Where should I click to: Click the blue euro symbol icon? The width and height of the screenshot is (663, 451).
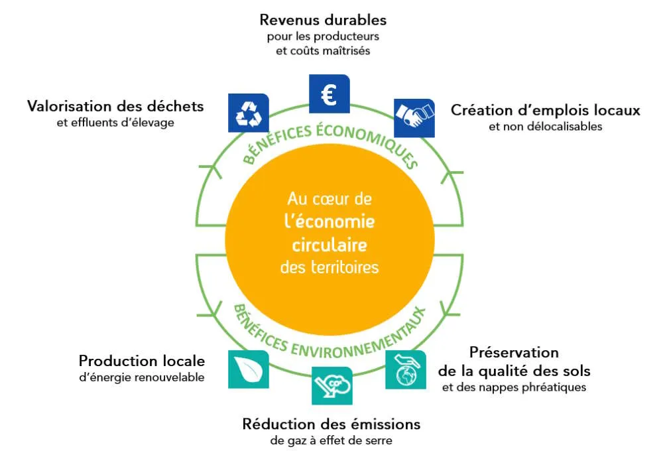click(330, 94)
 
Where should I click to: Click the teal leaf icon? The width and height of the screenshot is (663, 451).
click(249, 368)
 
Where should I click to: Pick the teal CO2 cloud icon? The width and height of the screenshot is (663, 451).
click(331, 385)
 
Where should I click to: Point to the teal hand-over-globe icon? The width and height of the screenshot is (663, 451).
click(406, 369)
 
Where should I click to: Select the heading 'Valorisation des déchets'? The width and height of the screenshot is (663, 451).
click(115, 106)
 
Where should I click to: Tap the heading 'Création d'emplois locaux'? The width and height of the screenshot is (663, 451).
click(546, 110)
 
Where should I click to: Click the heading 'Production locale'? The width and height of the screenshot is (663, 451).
click(141, 361)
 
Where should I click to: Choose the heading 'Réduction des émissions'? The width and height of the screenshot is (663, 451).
click(331, 424)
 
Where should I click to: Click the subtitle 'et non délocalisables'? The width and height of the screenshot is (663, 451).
click(546, 127)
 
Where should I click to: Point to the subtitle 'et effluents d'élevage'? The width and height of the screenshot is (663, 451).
click(115, 123)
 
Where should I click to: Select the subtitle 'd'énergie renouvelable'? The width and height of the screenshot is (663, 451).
click(141, 377)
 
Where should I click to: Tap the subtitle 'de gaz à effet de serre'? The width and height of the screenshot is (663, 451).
click(331, 440)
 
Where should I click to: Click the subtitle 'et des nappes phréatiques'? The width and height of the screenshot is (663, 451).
click(514, 387)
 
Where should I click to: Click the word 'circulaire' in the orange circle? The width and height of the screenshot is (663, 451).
click(330, 245)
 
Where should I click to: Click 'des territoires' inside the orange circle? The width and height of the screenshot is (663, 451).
click(330, 267)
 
